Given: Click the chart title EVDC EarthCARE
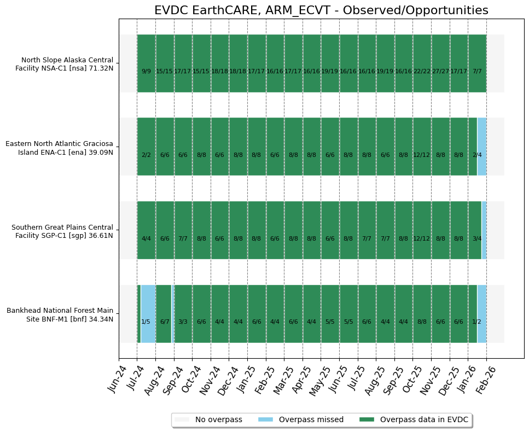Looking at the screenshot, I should point(321,10).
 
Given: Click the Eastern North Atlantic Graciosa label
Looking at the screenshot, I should point(59,148).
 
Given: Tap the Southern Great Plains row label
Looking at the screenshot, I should point(62,231).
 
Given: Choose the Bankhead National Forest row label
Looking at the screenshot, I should point(60,315).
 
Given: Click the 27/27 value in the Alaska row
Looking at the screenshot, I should point(440,71).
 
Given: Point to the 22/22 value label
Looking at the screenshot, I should point(422,71).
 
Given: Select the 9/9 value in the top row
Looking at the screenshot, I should point(146,71).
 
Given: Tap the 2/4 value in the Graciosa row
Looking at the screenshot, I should point(477,155).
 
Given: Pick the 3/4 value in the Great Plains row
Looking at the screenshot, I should point(477,238).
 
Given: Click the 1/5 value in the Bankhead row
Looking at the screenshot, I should point(146,322).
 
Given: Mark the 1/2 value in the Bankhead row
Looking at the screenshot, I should point(477,322).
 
